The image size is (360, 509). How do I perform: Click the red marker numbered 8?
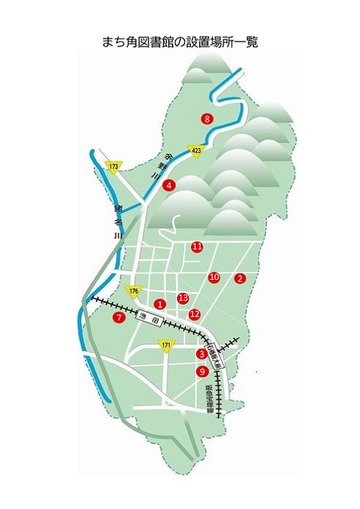tap(208, 118)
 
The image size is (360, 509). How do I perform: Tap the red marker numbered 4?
tap(169, 185)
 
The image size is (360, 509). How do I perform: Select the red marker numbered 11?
tap(197, 247)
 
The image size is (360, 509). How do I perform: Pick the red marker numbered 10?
tap(214, 278)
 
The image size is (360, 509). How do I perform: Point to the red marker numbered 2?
tap(239, 278)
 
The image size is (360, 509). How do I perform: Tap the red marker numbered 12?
tap(194, 314)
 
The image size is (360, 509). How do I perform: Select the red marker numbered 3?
tap(202, 354)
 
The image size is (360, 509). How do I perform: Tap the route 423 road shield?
tap(195, 149)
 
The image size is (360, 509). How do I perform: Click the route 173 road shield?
tap(113, 167)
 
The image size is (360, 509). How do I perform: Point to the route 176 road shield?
tap(133, 291)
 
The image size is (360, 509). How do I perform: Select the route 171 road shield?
tap(166, 344)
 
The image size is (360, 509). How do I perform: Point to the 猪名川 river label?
tap(117, 222)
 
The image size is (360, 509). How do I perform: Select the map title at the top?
tap(180, 42)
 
